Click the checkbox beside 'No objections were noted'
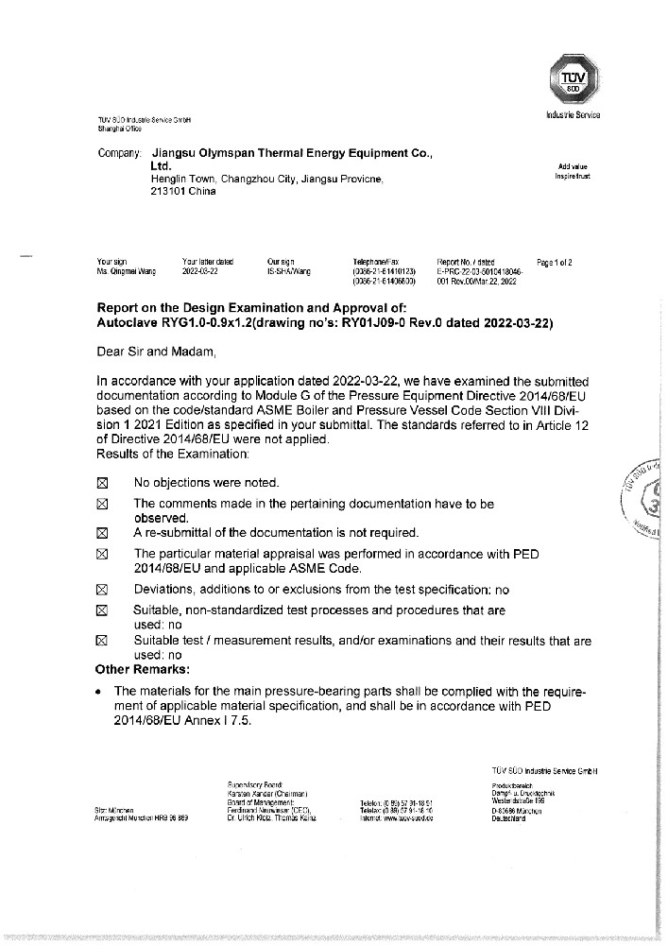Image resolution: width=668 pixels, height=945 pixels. tap(103, 483)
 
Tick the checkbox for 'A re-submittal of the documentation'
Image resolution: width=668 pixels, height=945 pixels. tap(103, 533)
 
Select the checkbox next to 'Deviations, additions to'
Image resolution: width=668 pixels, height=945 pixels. tap(103, 589)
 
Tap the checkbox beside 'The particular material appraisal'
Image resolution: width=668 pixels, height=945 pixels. tap(103, 554)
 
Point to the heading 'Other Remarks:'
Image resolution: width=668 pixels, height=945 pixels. tap(142, 669)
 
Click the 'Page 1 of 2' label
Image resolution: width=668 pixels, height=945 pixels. tap(554, 261)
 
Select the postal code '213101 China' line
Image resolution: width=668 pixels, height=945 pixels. tap(183, 191)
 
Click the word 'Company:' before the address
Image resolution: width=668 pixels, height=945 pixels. tap(119, 153)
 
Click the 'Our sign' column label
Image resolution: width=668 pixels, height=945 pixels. tap(281, 261)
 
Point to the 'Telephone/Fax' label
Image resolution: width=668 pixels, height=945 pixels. tap(377, 261)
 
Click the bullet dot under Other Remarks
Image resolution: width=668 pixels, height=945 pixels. tap(101, 691)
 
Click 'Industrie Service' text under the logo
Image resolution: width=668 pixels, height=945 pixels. tap(573, 115)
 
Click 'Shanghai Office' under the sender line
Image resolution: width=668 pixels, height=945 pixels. tap(119, 128)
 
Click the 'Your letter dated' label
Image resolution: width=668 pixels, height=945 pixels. tap(207, 261)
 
